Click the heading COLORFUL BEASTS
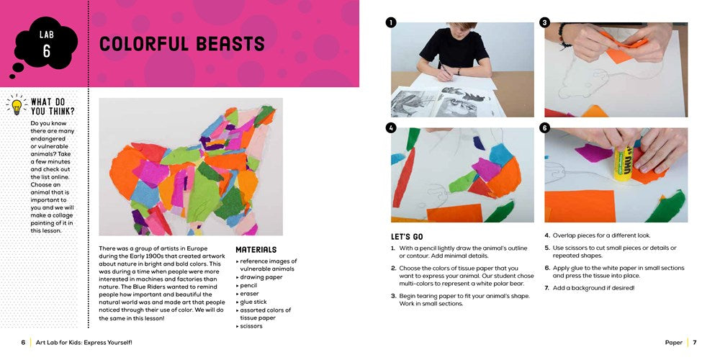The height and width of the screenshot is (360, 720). point(182,44)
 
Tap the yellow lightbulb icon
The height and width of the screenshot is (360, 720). point(16,107)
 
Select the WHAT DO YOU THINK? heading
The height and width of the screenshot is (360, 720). point(53,107)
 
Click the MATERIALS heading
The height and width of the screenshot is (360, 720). point(256,250)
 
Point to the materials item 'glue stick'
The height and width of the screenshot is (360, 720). point(256,302)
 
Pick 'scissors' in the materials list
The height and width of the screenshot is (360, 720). point(251,326)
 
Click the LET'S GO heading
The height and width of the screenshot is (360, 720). point(406,236)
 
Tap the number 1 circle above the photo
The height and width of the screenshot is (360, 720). point(391,22)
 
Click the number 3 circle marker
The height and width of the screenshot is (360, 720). point(545,22)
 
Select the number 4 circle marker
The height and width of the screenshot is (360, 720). point(391,127)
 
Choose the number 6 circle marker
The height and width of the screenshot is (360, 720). point(545,127)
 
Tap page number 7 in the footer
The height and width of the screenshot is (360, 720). point(695,343)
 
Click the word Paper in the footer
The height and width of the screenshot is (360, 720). point(674,343)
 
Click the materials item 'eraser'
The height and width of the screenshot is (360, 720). point(249,294)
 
